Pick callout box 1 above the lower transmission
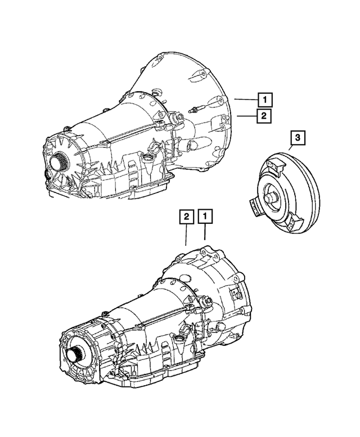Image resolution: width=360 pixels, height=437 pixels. (x=205, y=217)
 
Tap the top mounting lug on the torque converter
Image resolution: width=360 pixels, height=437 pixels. (x=274, y=166)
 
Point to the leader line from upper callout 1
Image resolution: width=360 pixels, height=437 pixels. (x=246, y=100)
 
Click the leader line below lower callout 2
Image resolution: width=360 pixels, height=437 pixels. (x=186, y=236)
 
